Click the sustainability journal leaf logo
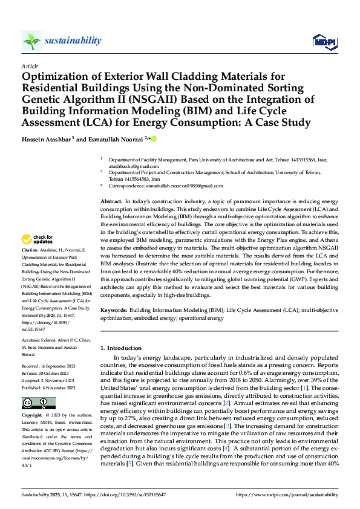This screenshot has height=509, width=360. click(x=31, y=41)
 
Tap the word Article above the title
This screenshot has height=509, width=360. click(x=30, y=66)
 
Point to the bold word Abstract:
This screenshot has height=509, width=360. click(x=111, y=201)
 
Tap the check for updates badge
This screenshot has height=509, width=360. click(x=39, y=240)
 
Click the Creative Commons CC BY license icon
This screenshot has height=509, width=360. click(x=39, y=403)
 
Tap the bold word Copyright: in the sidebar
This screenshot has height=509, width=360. click(x=33, y=417)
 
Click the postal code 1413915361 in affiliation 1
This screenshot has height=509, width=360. click(x=309, y=158)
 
